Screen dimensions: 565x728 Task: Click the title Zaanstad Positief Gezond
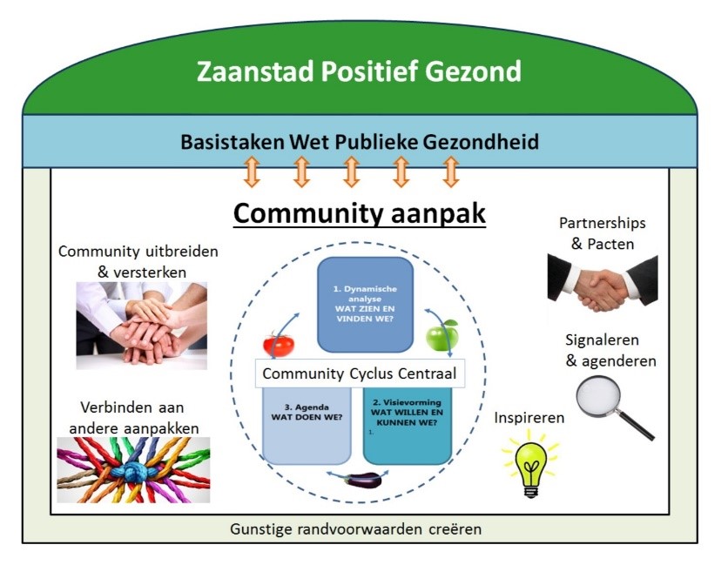click(359, 71)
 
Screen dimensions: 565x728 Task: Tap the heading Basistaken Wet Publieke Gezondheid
click(360, 141)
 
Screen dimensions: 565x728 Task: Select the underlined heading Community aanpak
click(359, 213)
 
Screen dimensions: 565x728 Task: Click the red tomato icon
click(279, 343)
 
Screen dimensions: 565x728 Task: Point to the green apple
click(442, 335)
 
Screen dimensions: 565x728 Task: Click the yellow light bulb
click(529, 461)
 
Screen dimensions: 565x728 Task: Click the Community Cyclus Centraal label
click(360, 374)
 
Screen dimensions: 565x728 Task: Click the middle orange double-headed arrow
click(351, 172)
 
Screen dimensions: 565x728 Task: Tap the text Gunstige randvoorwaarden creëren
click(356, 528)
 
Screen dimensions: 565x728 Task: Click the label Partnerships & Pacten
click(602, 232)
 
